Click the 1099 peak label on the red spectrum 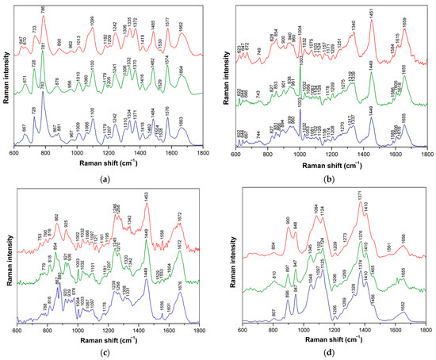pyautogui.click(x=90, y=19)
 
